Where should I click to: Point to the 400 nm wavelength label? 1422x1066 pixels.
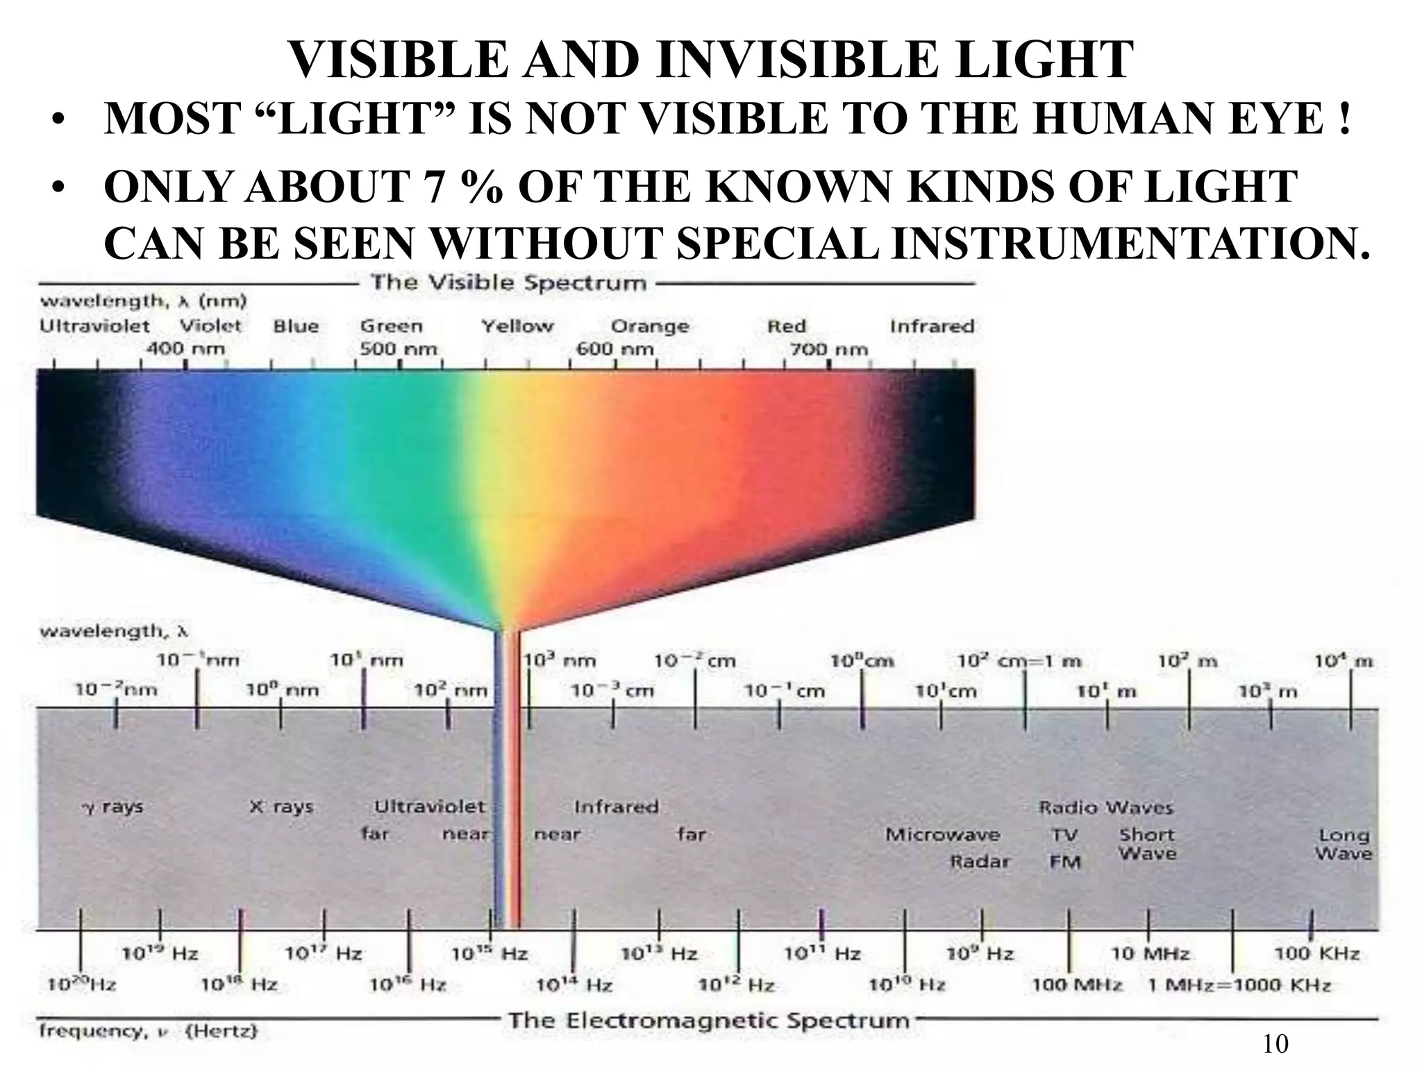(x=185, y=348)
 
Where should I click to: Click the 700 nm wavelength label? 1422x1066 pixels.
(x=829, y=349)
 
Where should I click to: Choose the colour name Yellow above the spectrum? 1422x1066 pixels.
(x=518, y=326)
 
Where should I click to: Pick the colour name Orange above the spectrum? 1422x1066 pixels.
(x=650, y=326)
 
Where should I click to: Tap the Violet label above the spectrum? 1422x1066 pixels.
(x=210, y=325)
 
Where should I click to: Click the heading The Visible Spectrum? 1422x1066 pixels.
(x=508, y=283)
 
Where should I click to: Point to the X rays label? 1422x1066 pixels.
(x=281, y=806)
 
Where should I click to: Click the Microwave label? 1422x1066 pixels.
(x=942, y=834)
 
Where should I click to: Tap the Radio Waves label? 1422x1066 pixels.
(x=1105, y=807)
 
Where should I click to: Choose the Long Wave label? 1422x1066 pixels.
(x=1344, y=844)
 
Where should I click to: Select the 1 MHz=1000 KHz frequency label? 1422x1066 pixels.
(x=1239, y=985)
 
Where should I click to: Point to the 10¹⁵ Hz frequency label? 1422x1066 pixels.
(x=490, y=954)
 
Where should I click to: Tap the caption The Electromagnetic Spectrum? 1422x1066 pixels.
(x=709, y=1020)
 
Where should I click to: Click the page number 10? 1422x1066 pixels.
(x=1275, y=1044)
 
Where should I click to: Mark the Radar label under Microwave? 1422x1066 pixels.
(x=980, y=861)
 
